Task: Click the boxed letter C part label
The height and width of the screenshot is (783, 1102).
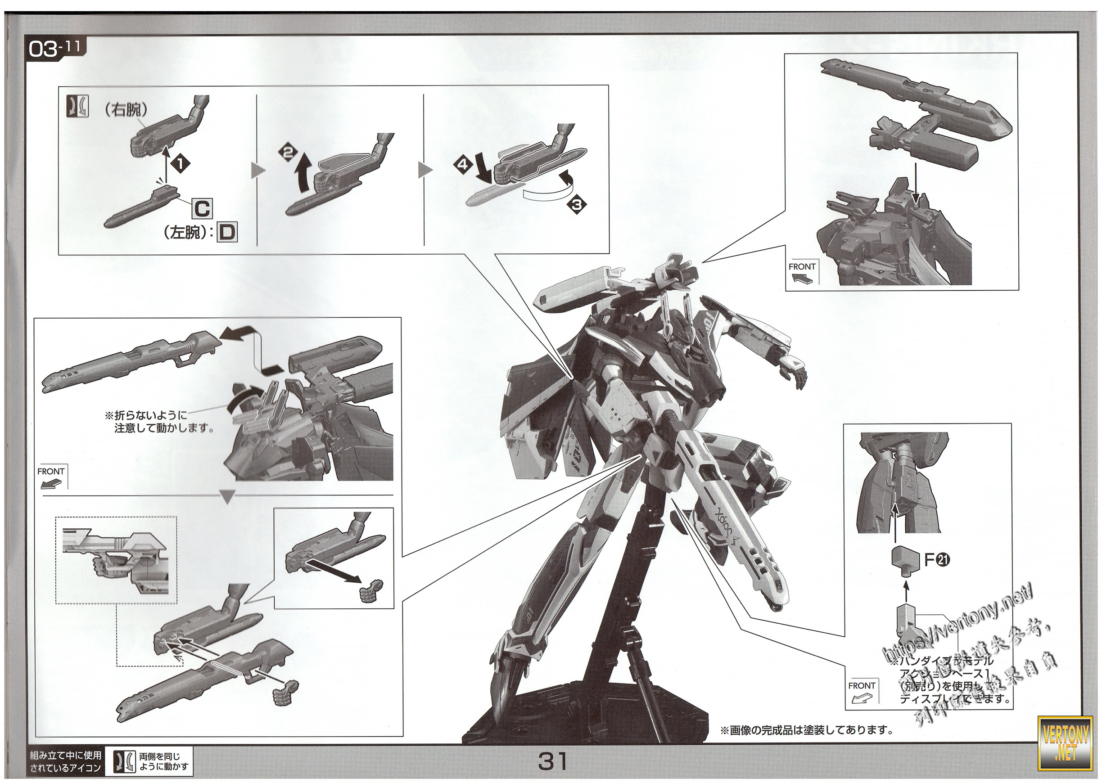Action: (202, 209)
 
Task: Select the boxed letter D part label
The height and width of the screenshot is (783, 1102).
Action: (227, 233)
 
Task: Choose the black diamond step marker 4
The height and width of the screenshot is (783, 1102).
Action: (462, 165)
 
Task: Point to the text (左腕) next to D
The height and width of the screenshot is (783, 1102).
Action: (187, 234)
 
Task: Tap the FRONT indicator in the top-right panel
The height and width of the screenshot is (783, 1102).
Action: (802, 272)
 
